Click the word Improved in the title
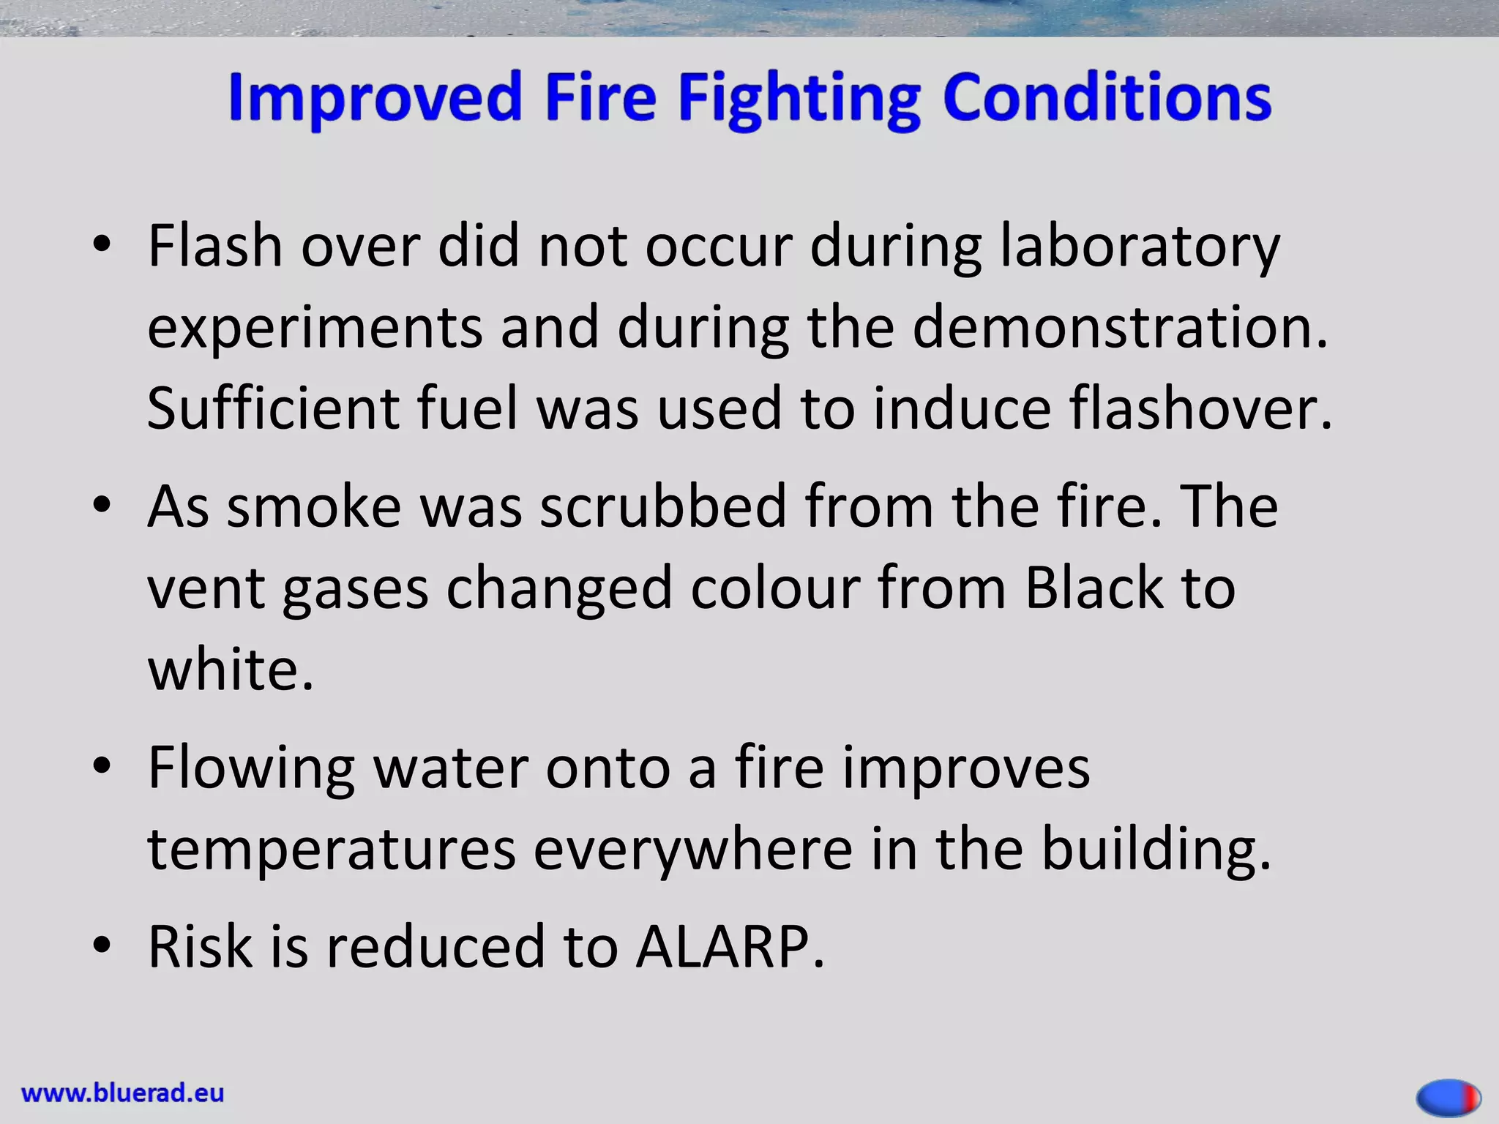pos(374,99)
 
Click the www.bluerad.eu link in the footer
pos(123,1093)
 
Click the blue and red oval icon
pos(1448,1097)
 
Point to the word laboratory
pos(1140,247)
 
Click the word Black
pos(1094,588)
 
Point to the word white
pos(230,669)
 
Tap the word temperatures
pos(332,849)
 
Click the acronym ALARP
pos(729,947)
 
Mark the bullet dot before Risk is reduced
pos(102,945)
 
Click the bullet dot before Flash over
pos(102,244)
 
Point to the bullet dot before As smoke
pos(102,505)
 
